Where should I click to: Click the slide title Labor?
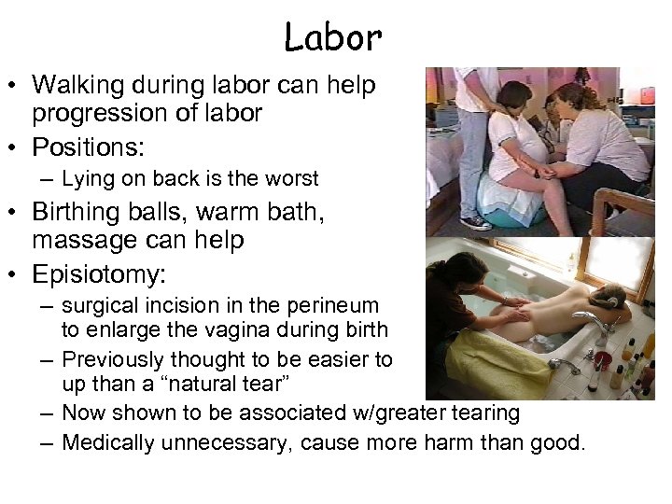pyautogui.click(x=333, y=38)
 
